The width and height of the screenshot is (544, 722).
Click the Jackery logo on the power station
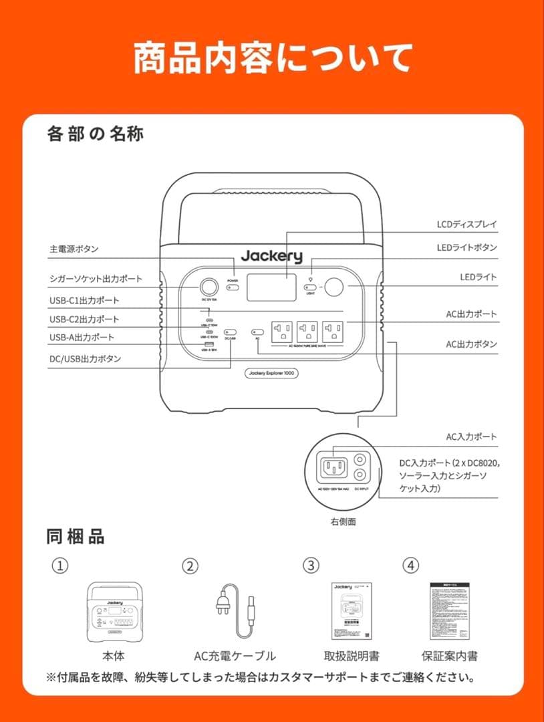click(x=271, y=256)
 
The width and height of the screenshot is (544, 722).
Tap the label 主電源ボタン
click(x=74, y=249)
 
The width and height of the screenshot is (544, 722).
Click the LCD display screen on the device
click(x=271, y=287)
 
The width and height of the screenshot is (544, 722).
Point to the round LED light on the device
click(x=334, y=287)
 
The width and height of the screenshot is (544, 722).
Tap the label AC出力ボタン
click(x=471, y=344)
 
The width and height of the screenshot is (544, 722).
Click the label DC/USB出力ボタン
click(x=85, y=359)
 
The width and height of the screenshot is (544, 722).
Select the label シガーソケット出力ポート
click(x=96, y=279)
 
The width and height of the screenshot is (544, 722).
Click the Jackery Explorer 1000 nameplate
click(x=271, y=373)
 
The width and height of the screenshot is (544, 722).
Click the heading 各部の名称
click(x=96, y=134)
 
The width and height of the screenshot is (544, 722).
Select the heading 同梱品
click(x=76, y=536)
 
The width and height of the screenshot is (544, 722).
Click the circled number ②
click(x=190, y=566)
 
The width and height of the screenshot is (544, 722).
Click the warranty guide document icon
click(x=449, y=610)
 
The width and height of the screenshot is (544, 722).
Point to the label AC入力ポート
click(x=471, y=437)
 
